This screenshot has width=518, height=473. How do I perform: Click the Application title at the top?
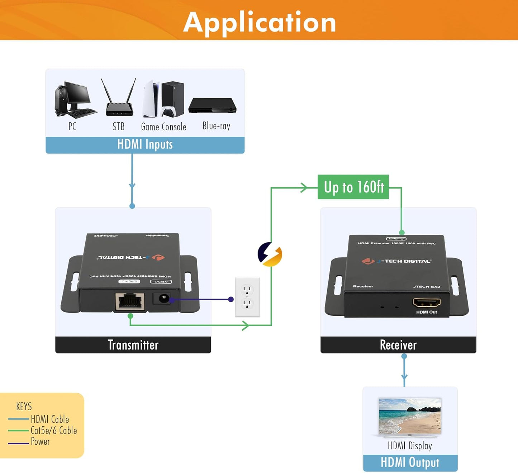pyautogui.click(x=260, y=22)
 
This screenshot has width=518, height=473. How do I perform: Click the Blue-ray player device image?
pyautogui.click(x=212, y=105)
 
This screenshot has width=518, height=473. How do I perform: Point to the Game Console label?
pyautogui.click(x=163, y=127)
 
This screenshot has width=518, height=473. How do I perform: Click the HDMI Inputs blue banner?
pyautogui.click(x=145, y=145)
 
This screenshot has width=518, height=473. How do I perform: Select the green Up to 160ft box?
pyautogui.click(x=353, y=187)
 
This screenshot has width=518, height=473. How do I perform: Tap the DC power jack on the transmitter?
pyautogui.click(x=163, y=298)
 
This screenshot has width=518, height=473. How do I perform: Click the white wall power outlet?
pyautogui.click(x=247, y=297)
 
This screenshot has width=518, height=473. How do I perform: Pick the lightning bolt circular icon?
pyautogui.click(x=270, y=254)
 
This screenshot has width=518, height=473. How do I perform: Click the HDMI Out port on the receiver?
pyautogui.click(x=427, y=303)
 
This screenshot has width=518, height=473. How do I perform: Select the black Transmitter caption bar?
pyautogui.click(x=133, y=345)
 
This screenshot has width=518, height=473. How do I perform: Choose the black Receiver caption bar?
pyautogui.click(x=398, y=345)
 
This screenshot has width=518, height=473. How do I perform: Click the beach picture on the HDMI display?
pyautogui.click(x=410, y=416)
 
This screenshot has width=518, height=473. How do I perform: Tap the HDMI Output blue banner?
pyautogui.click(x=410, y=463)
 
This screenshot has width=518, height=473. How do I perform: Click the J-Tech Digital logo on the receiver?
pyautogui.click(x=396, y=261)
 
